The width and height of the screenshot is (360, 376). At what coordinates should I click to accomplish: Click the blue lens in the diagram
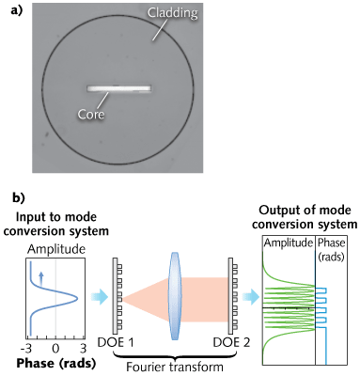click(x=176, y=283)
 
